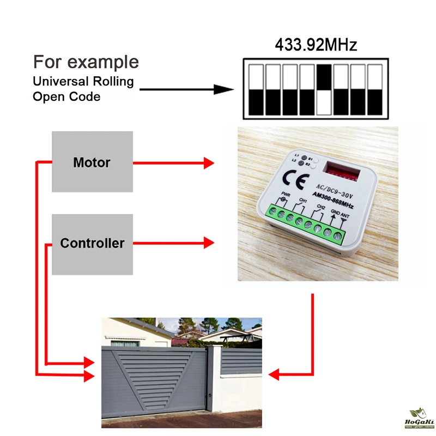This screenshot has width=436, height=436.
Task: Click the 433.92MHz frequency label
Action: coord(316,44)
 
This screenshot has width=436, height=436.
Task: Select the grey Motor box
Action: coord(92,162)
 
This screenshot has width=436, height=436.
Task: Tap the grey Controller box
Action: coord(92,244)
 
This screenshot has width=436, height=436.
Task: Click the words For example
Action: coord(86,62)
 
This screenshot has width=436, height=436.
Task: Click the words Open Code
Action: coord(66,97)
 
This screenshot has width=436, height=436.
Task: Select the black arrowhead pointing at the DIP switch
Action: coord(223,89)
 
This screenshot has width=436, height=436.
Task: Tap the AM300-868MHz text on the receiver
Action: coord(333,203)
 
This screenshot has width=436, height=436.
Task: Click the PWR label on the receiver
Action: coord(284,194)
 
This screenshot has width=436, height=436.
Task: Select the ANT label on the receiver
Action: coord(344,216)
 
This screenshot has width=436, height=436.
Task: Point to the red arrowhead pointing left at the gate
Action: coord(274,374)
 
